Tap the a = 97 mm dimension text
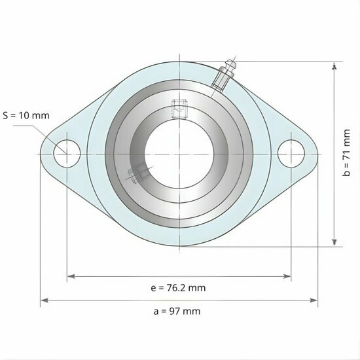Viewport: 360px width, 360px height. pos(177,311)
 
